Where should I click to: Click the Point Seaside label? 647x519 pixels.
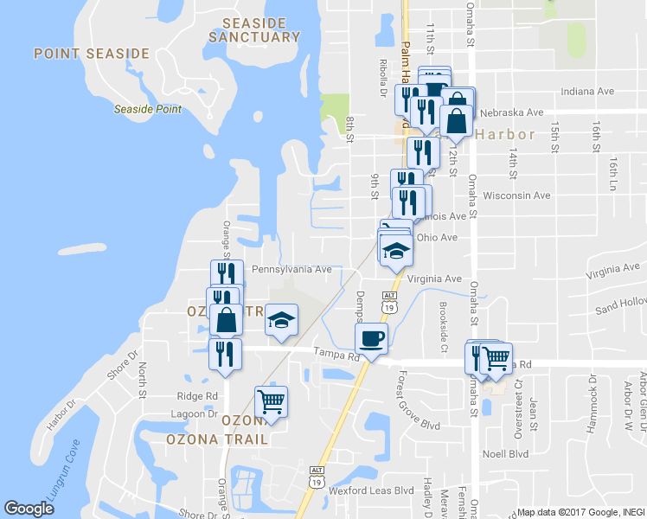[x=92, y=54]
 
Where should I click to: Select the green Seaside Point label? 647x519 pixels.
[x=148, y=109]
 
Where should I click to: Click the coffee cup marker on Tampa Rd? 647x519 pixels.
[x=371, y=336]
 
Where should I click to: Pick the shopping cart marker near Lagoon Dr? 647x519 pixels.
[x=271, y=400]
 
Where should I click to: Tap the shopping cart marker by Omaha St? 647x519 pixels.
[x=496, y=357]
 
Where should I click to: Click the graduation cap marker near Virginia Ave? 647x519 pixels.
[x=396, y=251]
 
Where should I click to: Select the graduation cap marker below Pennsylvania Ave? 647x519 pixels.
[x=280, y=320]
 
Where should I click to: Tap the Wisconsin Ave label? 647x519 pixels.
[x=517, y=195]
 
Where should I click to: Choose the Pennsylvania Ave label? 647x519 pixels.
[x=291, y=270]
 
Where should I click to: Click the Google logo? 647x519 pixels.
[x=29, y=509]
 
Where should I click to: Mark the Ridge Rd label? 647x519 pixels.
[x=197, y=395]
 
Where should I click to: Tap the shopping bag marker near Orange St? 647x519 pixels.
[x=226, y=319]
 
